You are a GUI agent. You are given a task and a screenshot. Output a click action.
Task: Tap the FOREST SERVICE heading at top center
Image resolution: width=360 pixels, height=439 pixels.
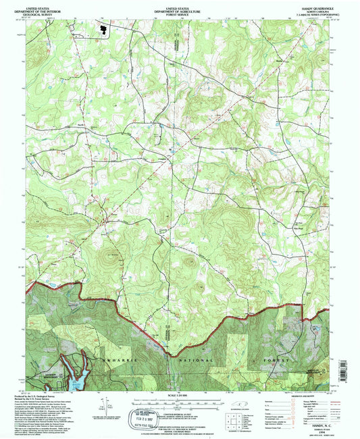click(x=180, y=14)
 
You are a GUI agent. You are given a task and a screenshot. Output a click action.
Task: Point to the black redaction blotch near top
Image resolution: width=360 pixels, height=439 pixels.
click(x=103, y=30)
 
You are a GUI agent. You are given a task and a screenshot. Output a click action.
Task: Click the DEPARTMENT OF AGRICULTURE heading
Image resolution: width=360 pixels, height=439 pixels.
click(x=180, y=10)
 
